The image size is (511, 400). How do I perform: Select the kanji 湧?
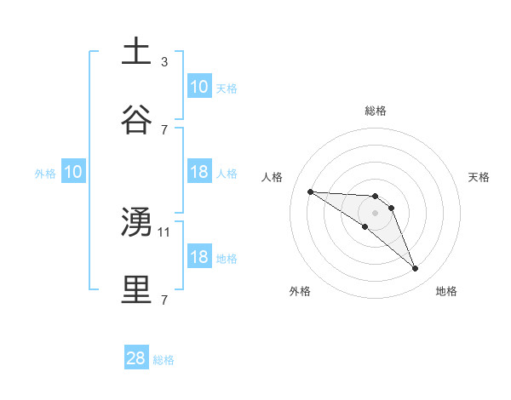(136, 221)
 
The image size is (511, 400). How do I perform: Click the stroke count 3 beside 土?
(164, 62)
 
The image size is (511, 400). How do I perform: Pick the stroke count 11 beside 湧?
(165, 231)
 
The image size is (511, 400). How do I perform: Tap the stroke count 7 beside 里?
(164, 299)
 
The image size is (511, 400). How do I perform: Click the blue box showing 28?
(136, 358)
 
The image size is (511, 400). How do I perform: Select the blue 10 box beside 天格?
(199, 87)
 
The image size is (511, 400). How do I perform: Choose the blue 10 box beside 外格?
(73, 172)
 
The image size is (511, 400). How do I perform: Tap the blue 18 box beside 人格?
(199, 172)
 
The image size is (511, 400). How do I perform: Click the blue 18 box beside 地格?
(199, 257)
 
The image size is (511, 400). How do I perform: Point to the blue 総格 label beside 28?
(164, 360)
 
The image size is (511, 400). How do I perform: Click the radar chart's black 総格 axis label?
(376, 111)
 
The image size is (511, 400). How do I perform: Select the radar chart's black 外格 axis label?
(300, 291)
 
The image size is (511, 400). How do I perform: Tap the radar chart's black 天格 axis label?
(479, 177)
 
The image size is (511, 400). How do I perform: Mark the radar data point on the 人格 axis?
(310, 191)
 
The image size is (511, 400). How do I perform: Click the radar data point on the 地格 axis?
(416, 269)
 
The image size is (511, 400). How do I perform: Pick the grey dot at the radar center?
(376, 212)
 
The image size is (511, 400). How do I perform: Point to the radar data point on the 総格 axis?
(376, 196)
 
